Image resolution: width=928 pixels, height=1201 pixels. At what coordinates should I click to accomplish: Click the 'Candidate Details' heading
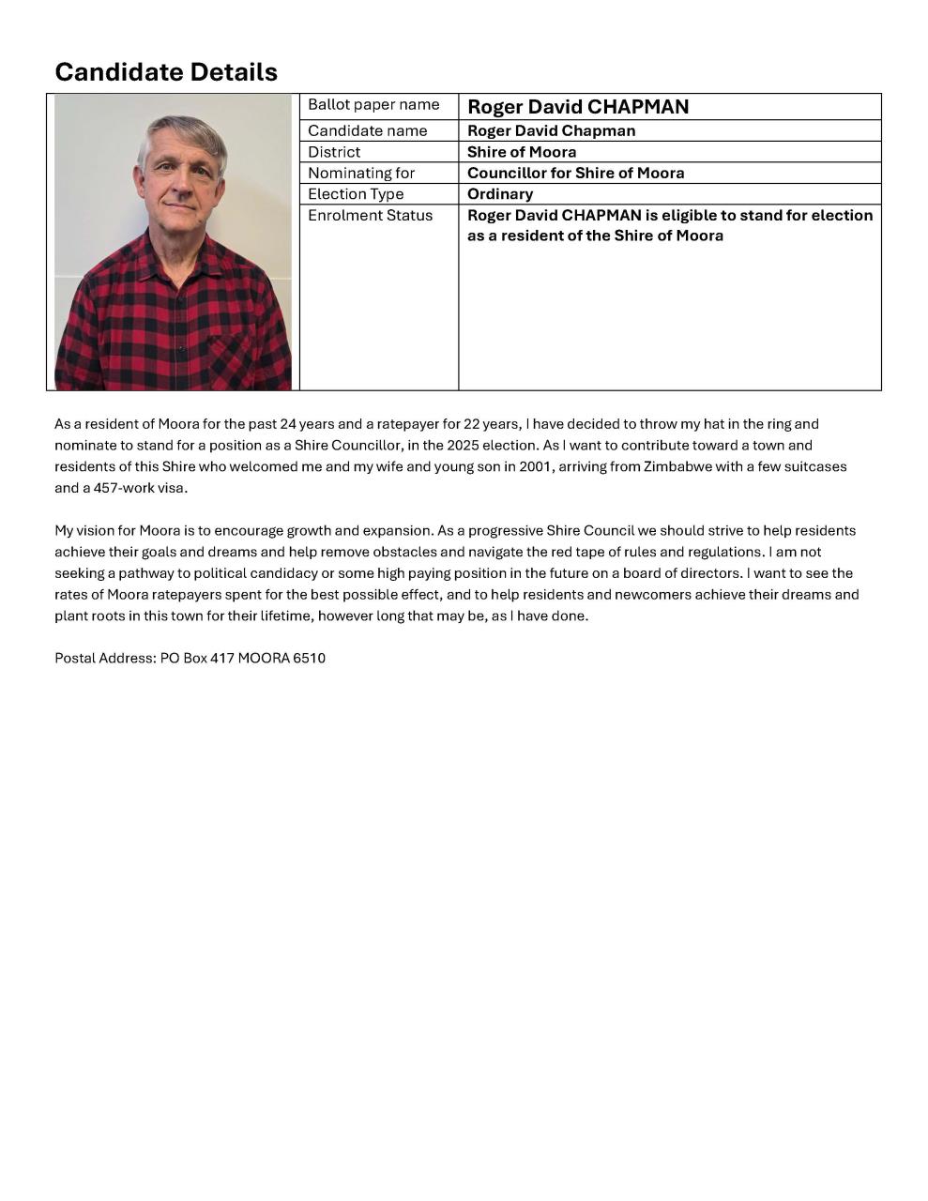click(x=166, y=71)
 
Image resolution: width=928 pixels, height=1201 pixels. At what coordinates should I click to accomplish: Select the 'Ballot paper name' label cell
click(x=373, y=104)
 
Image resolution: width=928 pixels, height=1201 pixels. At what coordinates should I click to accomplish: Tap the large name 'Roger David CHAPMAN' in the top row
click(x=578, y=107)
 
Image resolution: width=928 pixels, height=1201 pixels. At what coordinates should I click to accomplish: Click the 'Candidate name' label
click(x=367, y=130)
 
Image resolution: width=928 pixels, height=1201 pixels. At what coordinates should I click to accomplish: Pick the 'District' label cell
click(x=334, y=152)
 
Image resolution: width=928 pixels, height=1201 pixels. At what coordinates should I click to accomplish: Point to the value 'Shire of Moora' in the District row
click(x=522, y=152)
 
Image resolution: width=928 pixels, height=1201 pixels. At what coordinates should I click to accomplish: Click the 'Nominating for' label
click(x=361, y=173)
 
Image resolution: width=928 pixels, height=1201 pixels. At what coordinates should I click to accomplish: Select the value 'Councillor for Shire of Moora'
click(x=575, y=173)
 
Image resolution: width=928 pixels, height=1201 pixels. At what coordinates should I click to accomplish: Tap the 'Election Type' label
click(x=356, y=194)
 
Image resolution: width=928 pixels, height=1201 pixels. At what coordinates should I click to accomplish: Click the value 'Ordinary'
click(x=500, y=194)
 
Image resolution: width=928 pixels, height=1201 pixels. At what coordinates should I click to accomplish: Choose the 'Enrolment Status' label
click(x=370, y=215)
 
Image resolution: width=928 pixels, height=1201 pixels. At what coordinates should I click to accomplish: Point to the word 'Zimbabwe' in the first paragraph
click(x=677, y=466)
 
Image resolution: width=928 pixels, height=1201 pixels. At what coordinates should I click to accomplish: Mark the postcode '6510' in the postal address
click(x=309, y=658)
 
